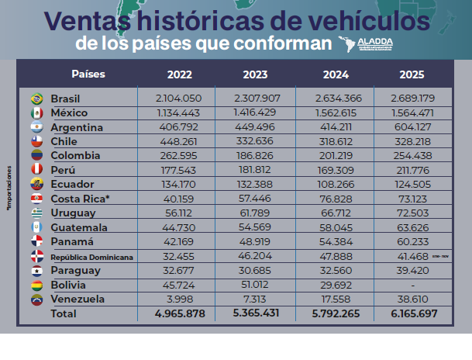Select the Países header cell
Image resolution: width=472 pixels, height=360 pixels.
point(88,74)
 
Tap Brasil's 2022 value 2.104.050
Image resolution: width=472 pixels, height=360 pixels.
point(179,99)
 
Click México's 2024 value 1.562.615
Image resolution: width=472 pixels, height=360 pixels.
point(336,112)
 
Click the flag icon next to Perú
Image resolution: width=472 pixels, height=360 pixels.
point(36,170)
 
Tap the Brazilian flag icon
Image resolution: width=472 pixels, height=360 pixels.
point(36,99)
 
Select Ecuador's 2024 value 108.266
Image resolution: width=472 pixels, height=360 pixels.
point(336,184)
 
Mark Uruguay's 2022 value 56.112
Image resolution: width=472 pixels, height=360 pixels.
point(179,213)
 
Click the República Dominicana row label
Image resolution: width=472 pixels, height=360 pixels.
point(91,256)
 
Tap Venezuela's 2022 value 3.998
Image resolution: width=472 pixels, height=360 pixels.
point(179,299)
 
